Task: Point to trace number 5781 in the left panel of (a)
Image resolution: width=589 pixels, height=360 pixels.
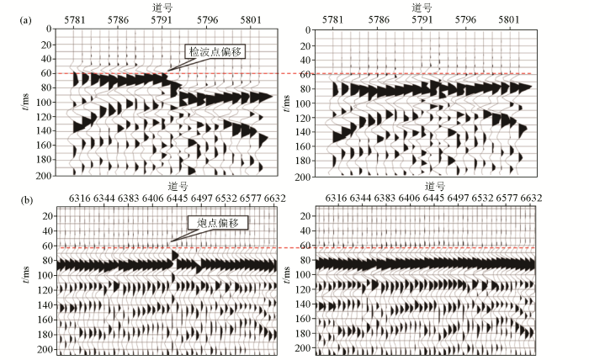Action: click(x=75, y=17)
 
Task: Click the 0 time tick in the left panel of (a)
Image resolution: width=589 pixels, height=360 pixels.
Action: click(x=50, y=29)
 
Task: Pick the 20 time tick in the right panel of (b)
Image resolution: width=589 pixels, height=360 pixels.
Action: click(x=307, y=216)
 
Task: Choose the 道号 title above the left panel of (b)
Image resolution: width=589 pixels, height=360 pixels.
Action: click(x=176, y=186)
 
